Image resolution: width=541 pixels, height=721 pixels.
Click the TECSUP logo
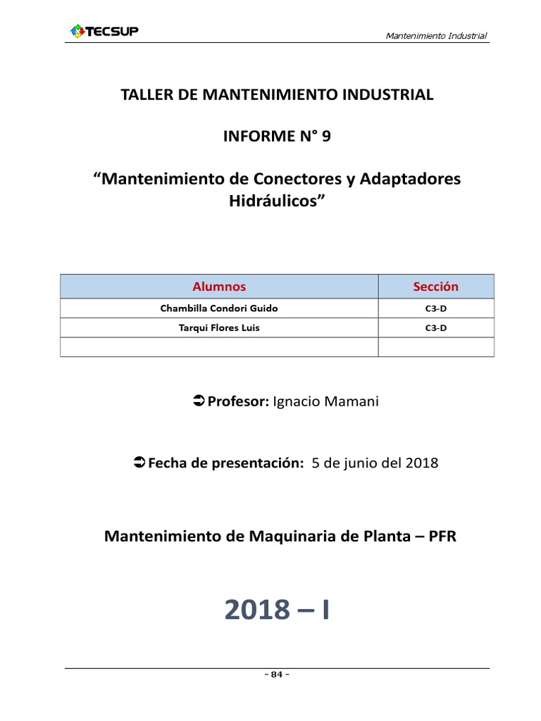pos(104,31)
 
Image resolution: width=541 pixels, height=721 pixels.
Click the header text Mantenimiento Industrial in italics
pos(437,36)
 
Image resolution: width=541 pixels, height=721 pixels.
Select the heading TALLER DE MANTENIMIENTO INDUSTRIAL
pos(277,95)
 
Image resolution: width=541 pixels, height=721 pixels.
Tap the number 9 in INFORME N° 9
pos(325,137)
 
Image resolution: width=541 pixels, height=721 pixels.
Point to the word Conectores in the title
pos(292,179)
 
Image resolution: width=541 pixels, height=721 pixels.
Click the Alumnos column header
pos(219,287)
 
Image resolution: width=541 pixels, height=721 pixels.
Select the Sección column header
pos(435,287)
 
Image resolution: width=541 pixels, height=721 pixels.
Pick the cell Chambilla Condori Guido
pos(219,308)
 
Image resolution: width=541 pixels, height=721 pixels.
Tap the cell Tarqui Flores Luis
pos(219,328)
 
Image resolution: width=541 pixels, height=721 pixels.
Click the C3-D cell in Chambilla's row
pos(435,308)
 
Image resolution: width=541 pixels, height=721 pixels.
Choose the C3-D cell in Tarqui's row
pos(435,328)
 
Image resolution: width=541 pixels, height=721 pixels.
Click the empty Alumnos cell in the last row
pos(219,347)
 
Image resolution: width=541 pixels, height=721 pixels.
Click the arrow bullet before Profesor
pos(198,401)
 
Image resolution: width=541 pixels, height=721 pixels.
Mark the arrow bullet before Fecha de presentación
pos(139,463)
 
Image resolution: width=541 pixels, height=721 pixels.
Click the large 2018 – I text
pos(277,610)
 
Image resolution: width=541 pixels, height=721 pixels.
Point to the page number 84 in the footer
pos(277,675)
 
